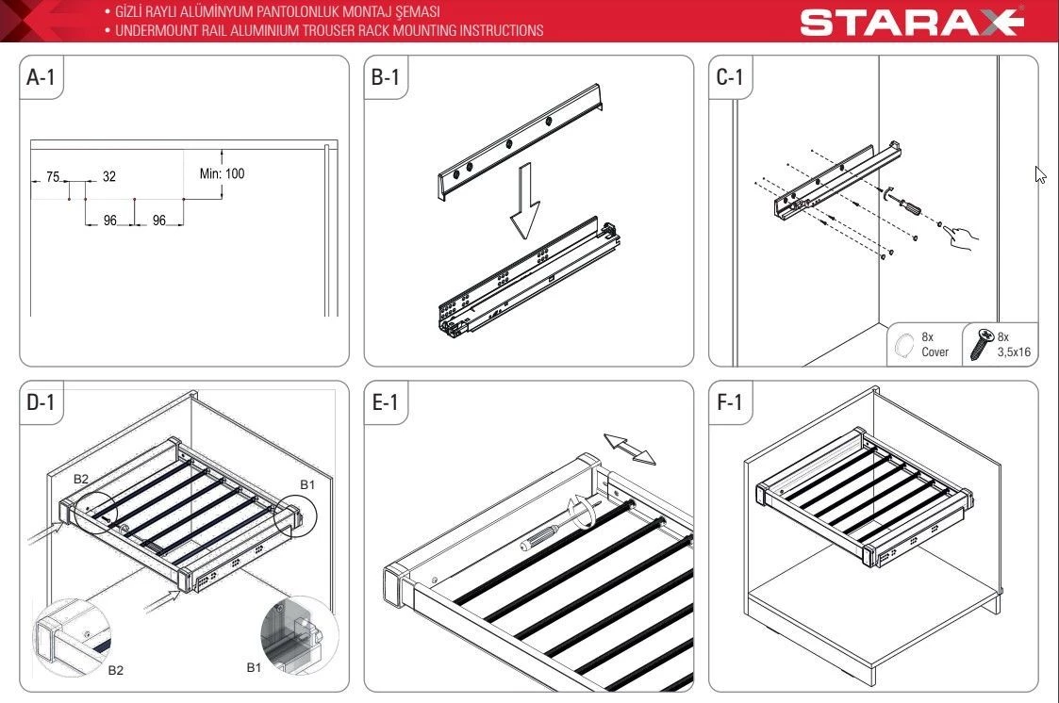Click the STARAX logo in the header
(912, 22)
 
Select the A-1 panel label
(41, 77)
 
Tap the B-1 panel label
(385, 77)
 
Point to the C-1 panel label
(729, 77)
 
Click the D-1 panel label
(41, 402)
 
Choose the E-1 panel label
(385, 402)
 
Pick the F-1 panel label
(729, 402)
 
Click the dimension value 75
(54, 177)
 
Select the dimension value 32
(109, 177)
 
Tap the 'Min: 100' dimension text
(223, 173)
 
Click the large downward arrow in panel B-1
(524, 201)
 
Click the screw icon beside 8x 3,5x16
(982, 344)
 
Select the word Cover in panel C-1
(935, 352)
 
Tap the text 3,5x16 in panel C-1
(1014, 352)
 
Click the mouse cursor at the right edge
(1040, 174)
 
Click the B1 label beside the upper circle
(307, 484)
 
